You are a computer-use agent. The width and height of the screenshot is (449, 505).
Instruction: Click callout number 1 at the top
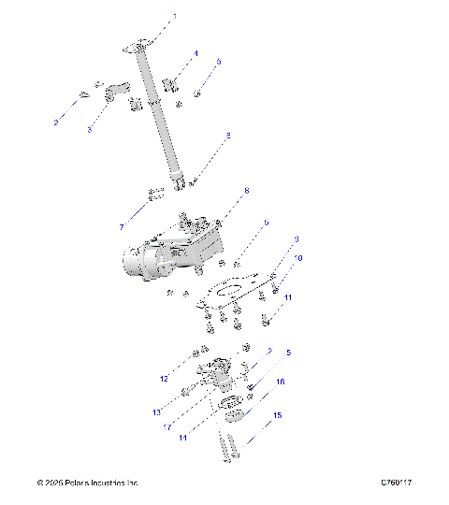tap(173, 17)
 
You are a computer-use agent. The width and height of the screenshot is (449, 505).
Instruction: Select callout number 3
tap(89, 129)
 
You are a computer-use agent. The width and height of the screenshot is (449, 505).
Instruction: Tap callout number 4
tap(196, 53)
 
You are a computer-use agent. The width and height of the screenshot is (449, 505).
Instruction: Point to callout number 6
tap(227, 136)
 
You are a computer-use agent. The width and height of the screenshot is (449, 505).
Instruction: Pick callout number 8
tap(247, 191)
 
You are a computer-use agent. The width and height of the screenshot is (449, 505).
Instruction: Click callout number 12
tap(164, 379)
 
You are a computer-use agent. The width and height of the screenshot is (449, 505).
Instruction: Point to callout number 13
tap(157, 412)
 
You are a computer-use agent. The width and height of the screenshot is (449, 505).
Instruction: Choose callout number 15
tap(277, 414)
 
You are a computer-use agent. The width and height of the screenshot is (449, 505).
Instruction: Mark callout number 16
tap(280, 382)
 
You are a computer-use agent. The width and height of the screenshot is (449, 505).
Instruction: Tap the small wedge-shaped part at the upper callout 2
tap(82, 94)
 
